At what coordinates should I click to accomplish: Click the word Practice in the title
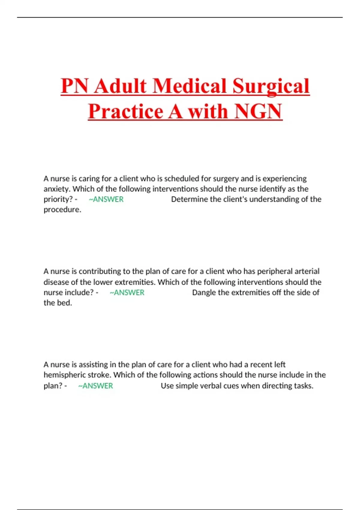point(126,111)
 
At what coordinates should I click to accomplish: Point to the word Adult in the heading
point(120,86)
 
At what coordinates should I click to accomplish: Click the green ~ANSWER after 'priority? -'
point(106,199)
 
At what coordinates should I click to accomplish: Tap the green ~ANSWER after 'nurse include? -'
point(127,292)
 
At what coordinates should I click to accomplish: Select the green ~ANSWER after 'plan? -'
point(95,386)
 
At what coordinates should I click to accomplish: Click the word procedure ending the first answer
point(62,210)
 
